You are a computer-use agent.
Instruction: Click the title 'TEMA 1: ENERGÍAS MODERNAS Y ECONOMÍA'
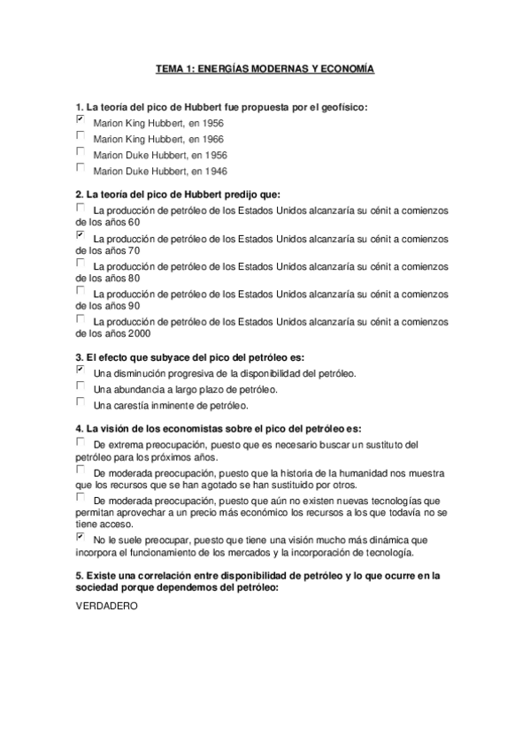point(265,68)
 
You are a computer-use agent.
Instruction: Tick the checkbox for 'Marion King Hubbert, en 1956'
point(81,119)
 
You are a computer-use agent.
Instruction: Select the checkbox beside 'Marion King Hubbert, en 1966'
point(81,134)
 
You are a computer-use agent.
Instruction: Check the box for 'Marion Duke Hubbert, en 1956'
point(81,150)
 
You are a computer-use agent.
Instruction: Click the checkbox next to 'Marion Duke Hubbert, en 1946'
point(81,166)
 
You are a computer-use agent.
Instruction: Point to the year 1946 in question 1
point(214,170)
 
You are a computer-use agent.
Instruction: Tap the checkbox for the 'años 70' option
point(81,235)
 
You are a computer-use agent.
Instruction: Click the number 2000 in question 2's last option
point(137,333)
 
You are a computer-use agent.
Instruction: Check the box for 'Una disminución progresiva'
point(81,371)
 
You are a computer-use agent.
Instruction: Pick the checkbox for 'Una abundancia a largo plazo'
point(81,386)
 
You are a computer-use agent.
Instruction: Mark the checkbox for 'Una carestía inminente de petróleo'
point(81,402)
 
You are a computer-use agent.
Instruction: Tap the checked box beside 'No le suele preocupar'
point(81,535)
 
